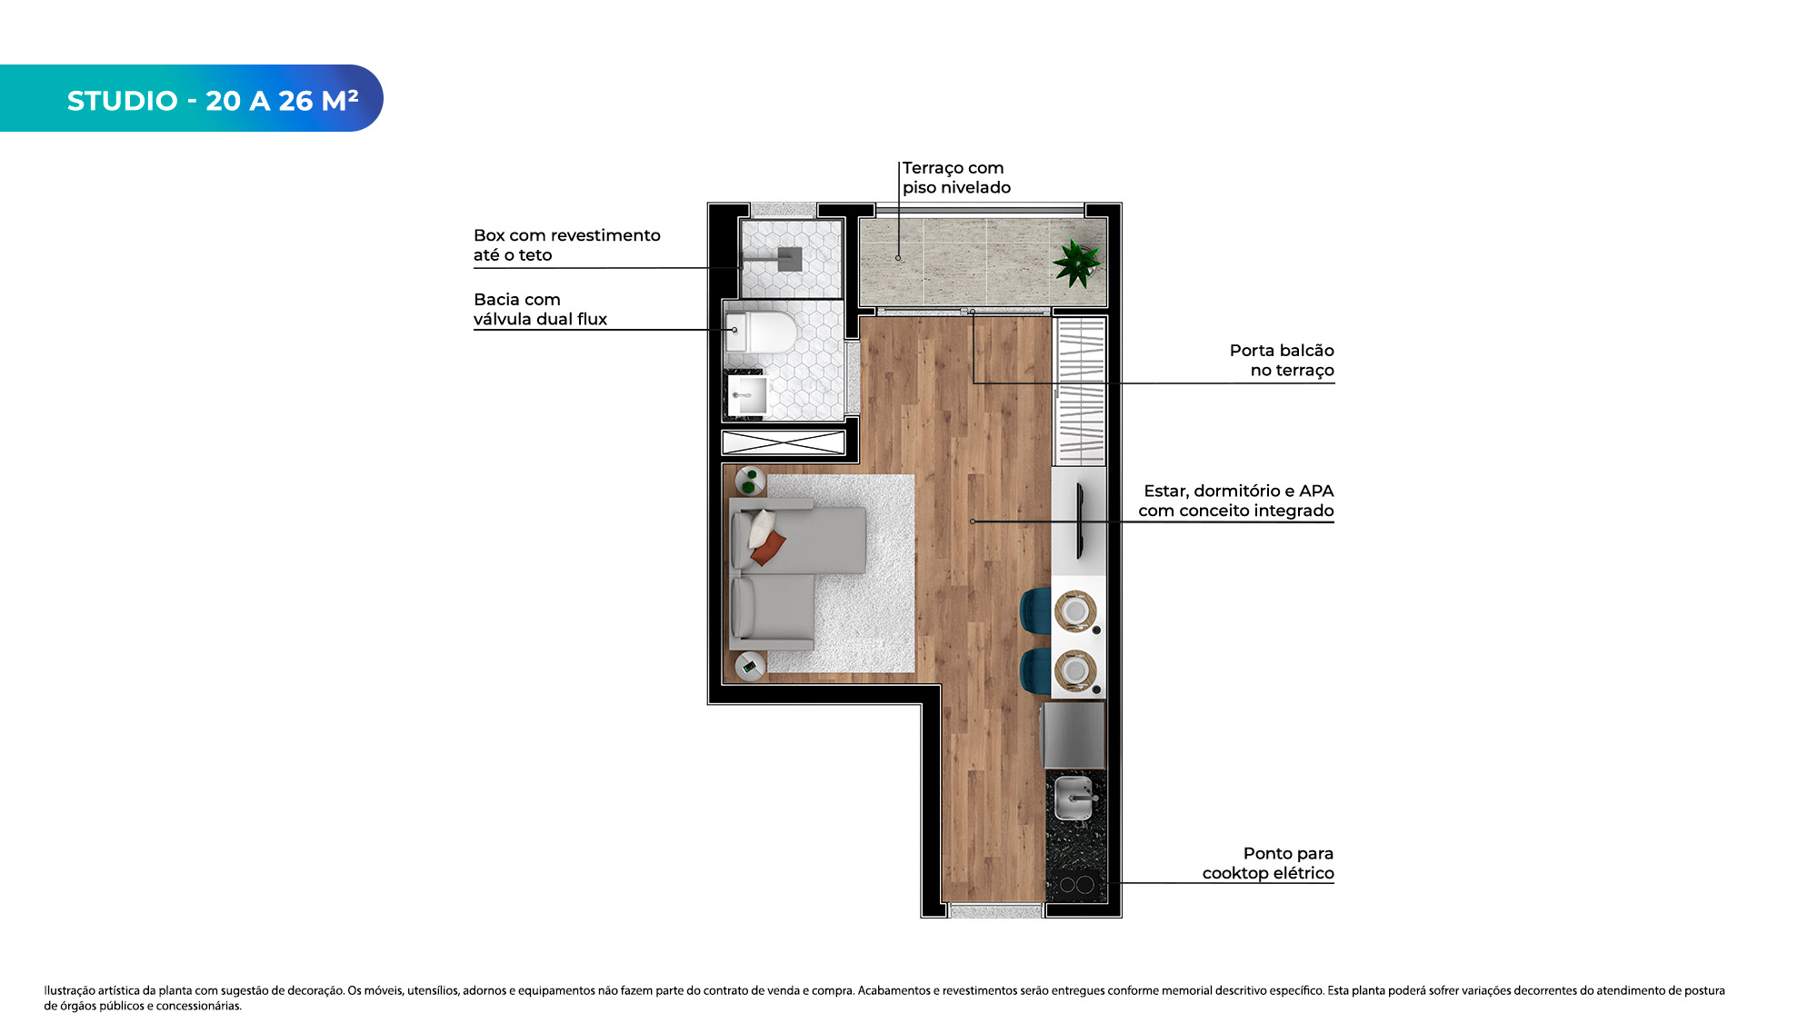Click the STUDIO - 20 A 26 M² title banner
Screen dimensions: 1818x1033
pos(191,98)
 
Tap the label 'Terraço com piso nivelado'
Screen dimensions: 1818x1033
pos(956,177)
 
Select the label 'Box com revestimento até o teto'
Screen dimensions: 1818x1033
pos(566,245)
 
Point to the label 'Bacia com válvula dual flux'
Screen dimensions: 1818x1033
pos(540,309)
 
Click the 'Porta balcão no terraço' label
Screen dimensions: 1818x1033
pos(1282,360)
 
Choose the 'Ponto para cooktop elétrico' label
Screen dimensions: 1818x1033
pos(1268,863)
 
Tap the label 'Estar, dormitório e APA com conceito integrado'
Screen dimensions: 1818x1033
pos(1236,501)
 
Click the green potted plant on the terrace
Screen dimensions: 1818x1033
pos(1077,263)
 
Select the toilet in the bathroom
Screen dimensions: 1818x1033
pos(762,332)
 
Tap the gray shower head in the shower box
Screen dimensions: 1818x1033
pos(789,259)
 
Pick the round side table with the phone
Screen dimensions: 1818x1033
pos(750,666)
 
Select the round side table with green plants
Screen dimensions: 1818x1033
pos(750,481)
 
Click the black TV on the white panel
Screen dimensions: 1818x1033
pos(1080,521)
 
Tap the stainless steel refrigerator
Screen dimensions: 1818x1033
pos(1074,735)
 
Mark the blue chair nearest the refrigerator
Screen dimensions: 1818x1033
pos(1036,670)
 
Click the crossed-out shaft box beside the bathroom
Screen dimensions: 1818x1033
pos(784,442)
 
